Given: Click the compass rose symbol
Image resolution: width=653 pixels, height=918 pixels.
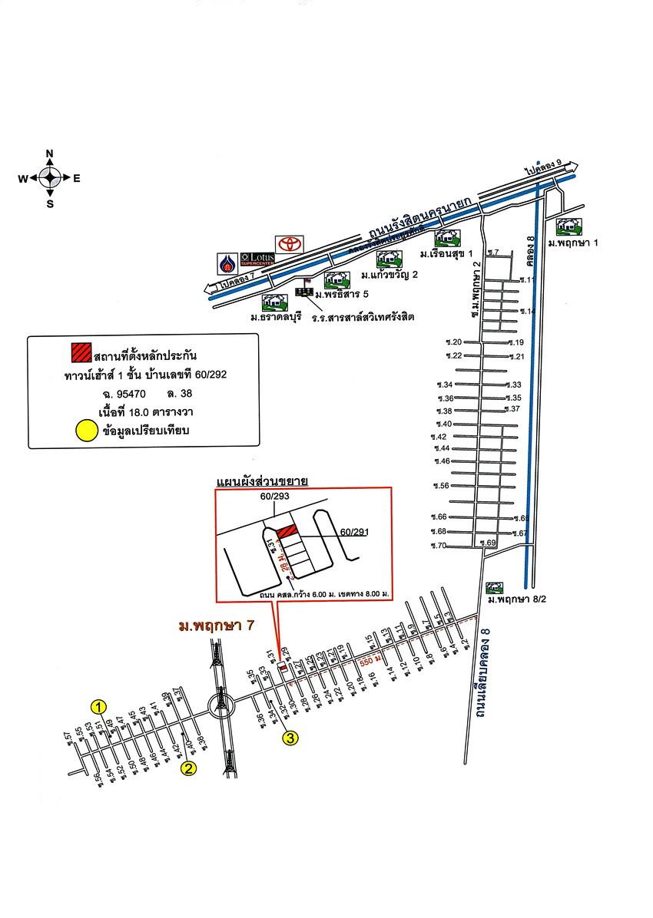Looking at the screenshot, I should point(50,178).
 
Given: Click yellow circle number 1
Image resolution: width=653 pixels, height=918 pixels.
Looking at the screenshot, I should point(99,706).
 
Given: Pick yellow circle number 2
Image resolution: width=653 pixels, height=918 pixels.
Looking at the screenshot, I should point(188,768).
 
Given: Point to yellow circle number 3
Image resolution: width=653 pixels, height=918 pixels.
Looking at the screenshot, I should point(290,738).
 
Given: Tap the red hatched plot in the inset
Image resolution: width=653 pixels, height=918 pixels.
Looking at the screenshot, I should point(286,531).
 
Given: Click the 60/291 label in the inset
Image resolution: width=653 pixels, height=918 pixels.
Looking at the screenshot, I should point(355,531).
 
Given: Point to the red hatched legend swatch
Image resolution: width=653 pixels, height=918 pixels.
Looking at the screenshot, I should point(81,352).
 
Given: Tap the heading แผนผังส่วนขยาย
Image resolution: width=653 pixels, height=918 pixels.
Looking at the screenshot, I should point(262,481).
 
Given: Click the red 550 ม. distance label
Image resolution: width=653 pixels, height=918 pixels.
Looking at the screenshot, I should point(371,659).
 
